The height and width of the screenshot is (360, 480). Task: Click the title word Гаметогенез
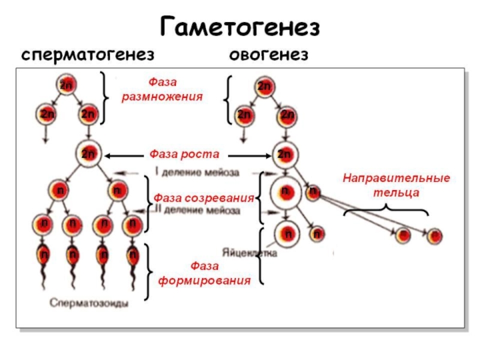(x=240, y=27)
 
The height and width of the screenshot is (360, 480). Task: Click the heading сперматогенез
(x=89, y=56)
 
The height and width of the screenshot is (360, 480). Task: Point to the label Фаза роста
(x=184, y=154)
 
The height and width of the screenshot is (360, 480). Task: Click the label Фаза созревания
(x=203, y=197)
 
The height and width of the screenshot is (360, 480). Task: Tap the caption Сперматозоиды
(x=89, y=304)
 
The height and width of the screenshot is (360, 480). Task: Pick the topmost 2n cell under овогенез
(x=264, y=85)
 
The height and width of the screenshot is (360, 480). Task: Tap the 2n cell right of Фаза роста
(x=284, y=154)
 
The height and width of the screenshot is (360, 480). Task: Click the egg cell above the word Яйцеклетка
(x=287, y=232)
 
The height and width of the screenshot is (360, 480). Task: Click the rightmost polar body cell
(x=434, y=235)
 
